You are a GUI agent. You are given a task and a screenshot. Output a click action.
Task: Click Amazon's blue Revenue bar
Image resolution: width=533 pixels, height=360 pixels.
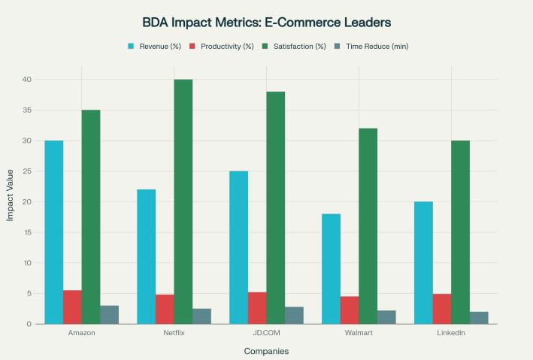(54, 232)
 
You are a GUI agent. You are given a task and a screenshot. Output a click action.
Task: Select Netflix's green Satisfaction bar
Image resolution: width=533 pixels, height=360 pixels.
(183, 201)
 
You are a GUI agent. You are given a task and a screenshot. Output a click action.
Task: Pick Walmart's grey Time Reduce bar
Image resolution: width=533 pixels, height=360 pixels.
(386, 317)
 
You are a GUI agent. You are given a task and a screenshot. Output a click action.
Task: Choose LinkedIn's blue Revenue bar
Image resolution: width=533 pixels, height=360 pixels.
(423, 263)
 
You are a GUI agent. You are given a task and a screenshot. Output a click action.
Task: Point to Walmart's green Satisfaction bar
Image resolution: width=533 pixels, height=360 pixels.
(368, 226)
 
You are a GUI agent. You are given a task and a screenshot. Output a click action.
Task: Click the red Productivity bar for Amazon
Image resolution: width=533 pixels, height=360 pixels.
(72, 307)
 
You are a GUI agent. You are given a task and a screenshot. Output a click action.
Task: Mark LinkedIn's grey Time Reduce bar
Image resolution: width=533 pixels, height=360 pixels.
(479, 318)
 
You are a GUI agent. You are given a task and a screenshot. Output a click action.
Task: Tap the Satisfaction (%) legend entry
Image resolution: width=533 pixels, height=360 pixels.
(295, 47)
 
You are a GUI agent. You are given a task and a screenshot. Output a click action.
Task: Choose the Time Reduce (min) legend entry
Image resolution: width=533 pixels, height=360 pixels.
(371, 47)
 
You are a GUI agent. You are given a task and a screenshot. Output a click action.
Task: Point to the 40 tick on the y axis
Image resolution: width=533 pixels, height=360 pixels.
(26, 80)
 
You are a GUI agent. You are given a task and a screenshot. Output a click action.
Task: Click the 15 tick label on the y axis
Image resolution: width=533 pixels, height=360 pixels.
(26, 232)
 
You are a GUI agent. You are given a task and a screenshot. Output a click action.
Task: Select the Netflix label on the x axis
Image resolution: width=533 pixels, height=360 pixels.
(174, 332)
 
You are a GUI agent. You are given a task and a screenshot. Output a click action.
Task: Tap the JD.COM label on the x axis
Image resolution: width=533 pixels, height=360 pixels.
(266, 332)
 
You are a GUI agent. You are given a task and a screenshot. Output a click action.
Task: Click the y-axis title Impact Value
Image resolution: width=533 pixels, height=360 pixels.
(11, 201)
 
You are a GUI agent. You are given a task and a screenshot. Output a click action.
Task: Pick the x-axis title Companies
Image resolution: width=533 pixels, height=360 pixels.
(266, 351)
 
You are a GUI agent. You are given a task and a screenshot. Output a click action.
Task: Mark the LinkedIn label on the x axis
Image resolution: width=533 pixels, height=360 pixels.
(451, 332)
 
